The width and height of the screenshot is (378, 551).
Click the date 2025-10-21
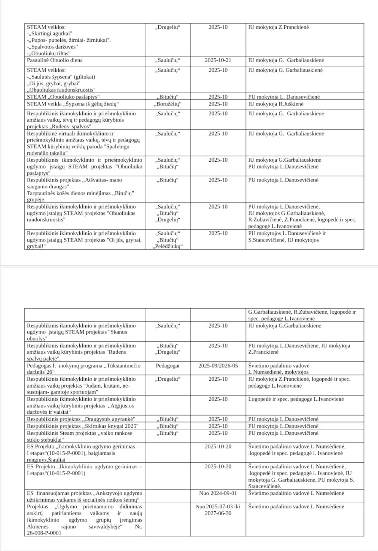(x=218, y=60)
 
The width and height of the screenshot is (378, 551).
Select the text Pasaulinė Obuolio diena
(x=55, y=60)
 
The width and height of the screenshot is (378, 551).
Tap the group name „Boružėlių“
(x=168, y=104)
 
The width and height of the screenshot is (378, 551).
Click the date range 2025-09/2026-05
(x=218, y=366)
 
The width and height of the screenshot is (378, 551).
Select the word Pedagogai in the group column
(x=167, y=366)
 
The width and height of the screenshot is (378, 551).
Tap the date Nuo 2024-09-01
(x=218, y=493)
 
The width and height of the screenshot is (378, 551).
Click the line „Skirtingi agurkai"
(x=50, y=34)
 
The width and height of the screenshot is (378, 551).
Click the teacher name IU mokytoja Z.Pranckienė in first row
(x=278, y=27)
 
